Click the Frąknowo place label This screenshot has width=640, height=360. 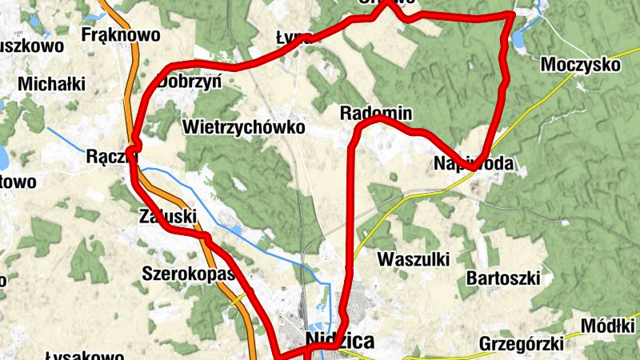121,35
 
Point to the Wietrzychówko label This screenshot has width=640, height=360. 244,126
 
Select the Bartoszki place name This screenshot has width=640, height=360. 503,278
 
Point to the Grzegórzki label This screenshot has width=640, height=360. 520,344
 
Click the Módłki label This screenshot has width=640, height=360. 609,326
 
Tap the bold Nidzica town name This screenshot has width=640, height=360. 340,342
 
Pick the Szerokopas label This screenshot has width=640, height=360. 187,274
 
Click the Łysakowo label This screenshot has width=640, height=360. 84,355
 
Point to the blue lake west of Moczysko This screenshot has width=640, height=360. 524,35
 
